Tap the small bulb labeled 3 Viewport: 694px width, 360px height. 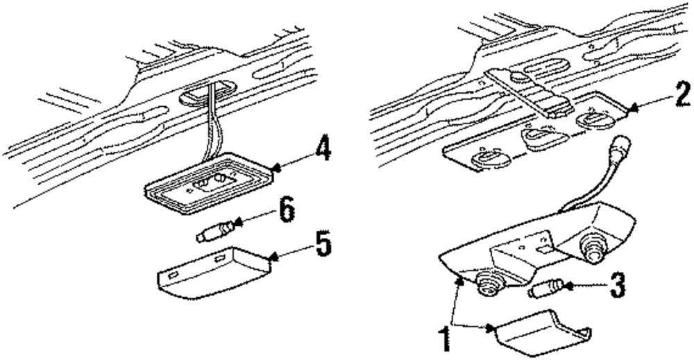[x=545, y=288]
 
